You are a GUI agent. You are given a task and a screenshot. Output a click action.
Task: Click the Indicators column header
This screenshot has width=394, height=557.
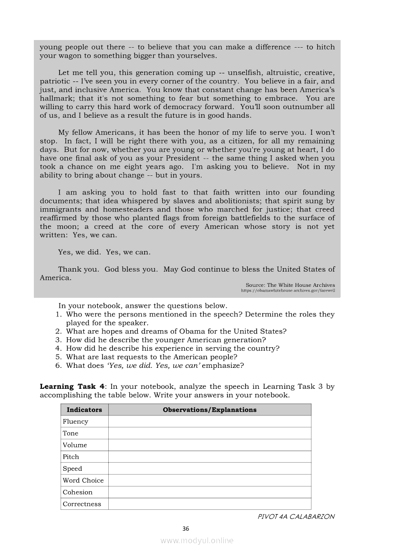tap(84, 410)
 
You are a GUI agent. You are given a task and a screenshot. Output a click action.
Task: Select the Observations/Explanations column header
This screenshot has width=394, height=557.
tap(209, 410)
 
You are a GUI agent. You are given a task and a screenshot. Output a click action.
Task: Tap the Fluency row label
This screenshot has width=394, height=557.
tap(75, 422)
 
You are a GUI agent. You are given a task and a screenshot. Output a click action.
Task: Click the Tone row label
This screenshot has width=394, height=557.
tap(71, 434)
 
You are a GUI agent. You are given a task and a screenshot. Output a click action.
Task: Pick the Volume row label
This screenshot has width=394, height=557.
tap(75, 445)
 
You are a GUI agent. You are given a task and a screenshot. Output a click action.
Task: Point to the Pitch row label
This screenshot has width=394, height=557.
tap(71, 457)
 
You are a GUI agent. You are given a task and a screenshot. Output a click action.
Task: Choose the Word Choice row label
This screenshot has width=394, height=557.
tap(83, 480)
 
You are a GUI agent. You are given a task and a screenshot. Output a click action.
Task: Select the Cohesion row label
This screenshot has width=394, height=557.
tap(78, 492)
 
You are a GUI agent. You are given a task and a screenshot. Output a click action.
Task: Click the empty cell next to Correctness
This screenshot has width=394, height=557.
tap(209, 504)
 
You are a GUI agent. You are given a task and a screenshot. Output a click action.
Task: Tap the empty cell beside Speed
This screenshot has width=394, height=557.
tap(209, 469)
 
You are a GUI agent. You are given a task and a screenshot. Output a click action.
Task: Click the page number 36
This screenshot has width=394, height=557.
tap(186, 528)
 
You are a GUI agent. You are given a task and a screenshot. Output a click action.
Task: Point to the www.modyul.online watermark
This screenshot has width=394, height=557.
tap(197, 541)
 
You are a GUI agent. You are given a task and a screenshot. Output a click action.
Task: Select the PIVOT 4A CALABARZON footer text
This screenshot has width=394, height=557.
tap(296, 516)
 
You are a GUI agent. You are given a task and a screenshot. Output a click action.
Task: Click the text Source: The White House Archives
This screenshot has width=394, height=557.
tap(290, 285)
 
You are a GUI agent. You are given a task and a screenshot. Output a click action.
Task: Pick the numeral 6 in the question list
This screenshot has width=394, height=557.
tap(58, 366)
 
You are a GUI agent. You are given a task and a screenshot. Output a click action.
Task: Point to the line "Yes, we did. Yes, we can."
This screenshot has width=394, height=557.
tap(104, 253)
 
